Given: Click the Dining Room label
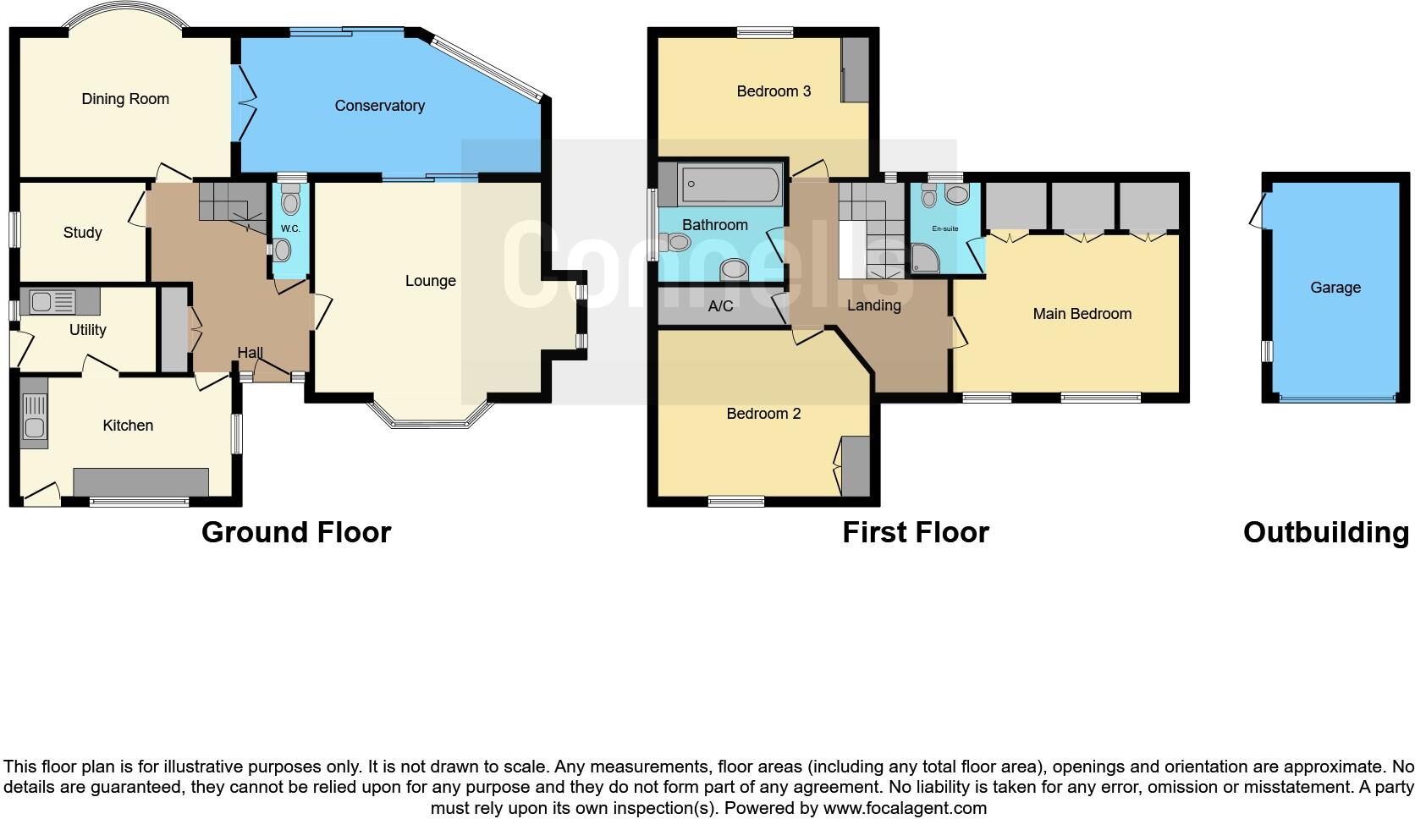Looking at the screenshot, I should pyautogui.click(x=125, y=99).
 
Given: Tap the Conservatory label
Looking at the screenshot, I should pyautogui.click(x=379, y=106).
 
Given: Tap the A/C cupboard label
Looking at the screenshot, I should pyautogui.click(x=720, y=306).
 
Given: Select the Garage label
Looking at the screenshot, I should pyautogui.click(x=1335, y=288).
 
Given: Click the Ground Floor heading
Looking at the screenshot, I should pyautogui.click(x=296, y=532).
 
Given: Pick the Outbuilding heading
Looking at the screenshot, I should pyautogui.click(x=1325, y=532).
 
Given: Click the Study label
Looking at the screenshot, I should pyautogui.click(x=82, y=233).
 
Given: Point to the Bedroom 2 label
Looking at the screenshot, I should pyautogui.click(x=763, y=414).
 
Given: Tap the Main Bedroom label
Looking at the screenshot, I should pyautogui.click(x=1082, y=314).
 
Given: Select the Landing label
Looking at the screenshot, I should pyautogui.click(x=873, y=305).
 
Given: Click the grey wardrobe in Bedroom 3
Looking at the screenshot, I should pyautogui.click(x=855, y=70).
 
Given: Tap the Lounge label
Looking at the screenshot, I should pyautogui.click(x=430, y=281).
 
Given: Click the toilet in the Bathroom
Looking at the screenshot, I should pyautogui.click(x=678, y=244).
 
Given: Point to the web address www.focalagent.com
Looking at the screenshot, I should pyautogui.click(x=905, y=808).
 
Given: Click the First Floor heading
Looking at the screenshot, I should pyautogui.click(x=915, y=532).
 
